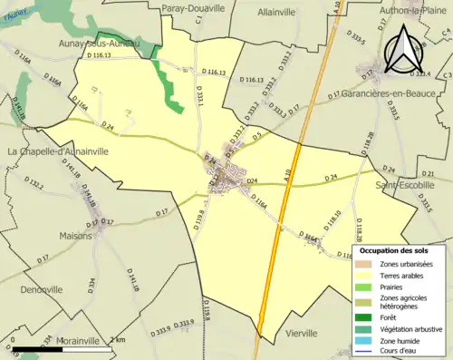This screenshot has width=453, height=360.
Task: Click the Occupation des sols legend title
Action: pos(397,250)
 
